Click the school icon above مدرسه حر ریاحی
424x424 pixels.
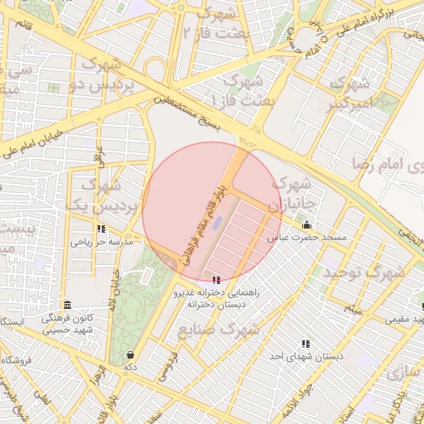click(101, 229)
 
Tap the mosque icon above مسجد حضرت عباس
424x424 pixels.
click(306, 225)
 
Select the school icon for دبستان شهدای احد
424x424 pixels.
click(306, 344)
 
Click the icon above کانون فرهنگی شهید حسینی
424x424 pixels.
click(67, 305)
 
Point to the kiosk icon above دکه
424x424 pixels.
click(129, 354)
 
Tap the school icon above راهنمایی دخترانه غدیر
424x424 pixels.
click(217, 281)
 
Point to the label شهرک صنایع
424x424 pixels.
click(219, 330)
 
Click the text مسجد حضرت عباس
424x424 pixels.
click(306, 238)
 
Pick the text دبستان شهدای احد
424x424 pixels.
click(306, 356)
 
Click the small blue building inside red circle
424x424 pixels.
click(217, 223)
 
